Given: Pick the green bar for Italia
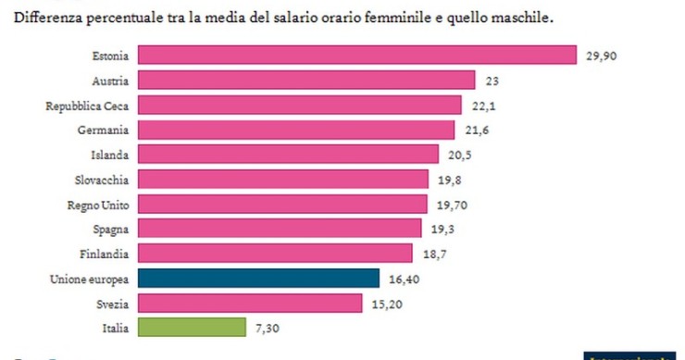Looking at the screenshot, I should pyautogui.click(x=191, y=328).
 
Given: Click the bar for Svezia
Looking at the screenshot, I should pyautogui.click(x=249, y=303).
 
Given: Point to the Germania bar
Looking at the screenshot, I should pyautogui.click(x=295, y=130).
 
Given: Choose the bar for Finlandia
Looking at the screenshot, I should pyautogui.click(x=274, y=253).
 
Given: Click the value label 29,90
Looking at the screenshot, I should pyautogui.click(x=602, y=56).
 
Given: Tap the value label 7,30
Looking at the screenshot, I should pyautogui.click(x=268, y=328).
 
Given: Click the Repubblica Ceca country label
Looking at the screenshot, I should pyautogui.click(x=87, y=106).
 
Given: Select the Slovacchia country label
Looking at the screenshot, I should pyautogui.click(x=101, y=180).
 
